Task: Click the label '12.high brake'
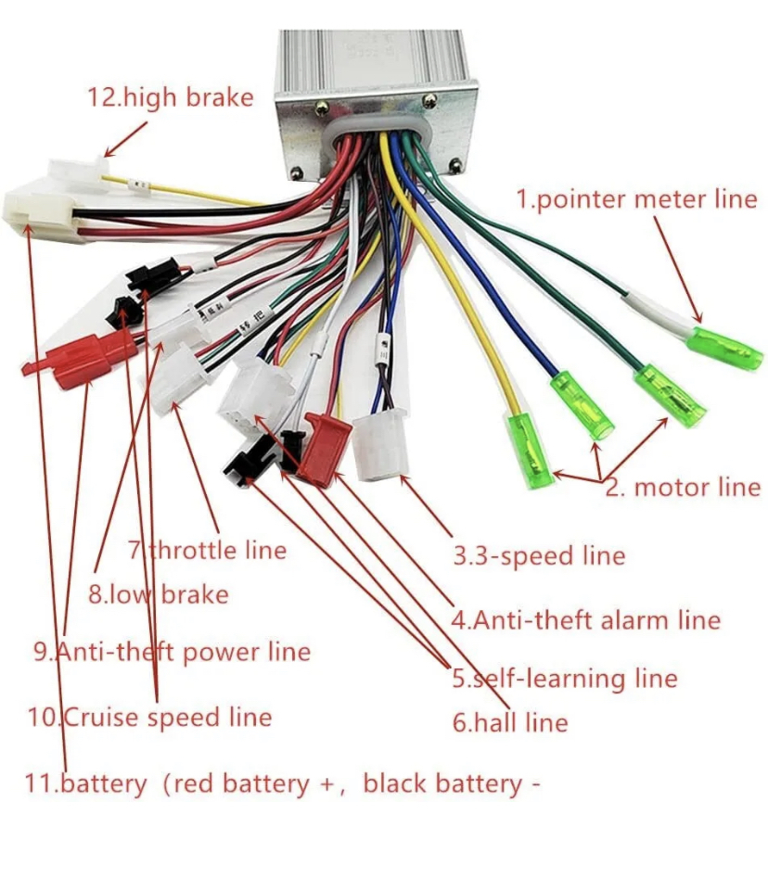[170, 96]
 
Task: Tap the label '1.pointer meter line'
[636, 198]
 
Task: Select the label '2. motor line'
[683, 488]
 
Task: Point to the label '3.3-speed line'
[539, 555]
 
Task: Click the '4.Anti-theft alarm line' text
[586, 619]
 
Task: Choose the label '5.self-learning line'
[565, 679]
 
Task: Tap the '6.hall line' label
[510, 721]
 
